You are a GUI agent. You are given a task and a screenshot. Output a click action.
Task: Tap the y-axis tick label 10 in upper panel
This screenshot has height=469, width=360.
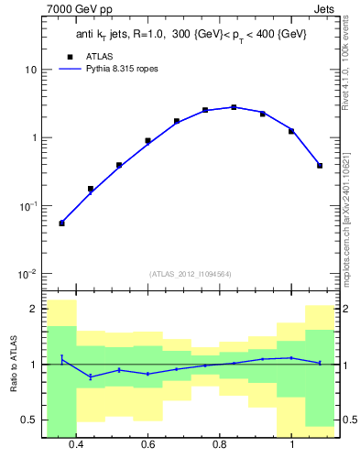(x=31, y=70)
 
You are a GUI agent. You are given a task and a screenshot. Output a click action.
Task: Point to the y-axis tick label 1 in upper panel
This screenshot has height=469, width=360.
(x=34, y=138)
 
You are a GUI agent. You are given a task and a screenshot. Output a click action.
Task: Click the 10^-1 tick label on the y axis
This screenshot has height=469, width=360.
(x=28, y=206)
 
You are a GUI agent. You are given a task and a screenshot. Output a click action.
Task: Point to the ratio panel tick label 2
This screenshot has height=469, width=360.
(x=34, y=309)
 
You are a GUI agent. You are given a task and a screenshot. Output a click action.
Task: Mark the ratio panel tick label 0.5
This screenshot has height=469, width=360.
(x=30, y=420)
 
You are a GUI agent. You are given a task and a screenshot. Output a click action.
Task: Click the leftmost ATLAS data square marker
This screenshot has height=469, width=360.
(x=61, y=223)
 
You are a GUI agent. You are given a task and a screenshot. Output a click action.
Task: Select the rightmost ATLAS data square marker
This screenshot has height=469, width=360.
(x=320, y=166)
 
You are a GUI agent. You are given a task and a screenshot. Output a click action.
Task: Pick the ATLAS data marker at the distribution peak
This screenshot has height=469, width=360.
(x=234, y=107)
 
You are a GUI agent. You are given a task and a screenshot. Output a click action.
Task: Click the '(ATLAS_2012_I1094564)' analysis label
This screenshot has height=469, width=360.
(x=190, y=273)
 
